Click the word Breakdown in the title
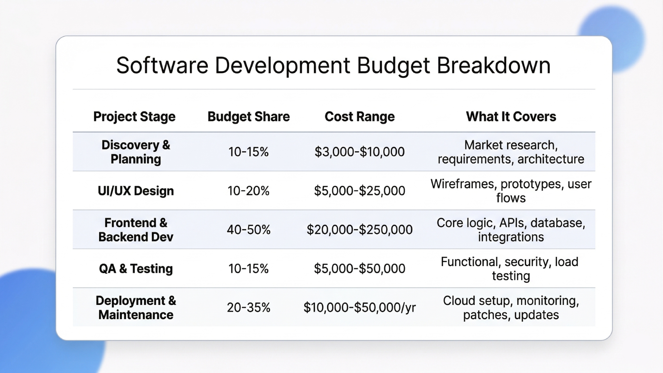(x=493, y=65)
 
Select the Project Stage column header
(x=134, y=117)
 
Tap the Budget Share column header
(x=249, y=117)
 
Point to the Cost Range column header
(x=359, y=117)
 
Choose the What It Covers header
(x=511, y=117)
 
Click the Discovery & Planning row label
(x=136, y=152)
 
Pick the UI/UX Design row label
(x=136, y=191)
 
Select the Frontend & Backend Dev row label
(x=136, y=230)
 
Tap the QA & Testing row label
(x=136, y=269)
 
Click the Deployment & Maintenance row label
(x=136, y=308)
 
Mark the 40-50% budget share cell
(x=249, y=230)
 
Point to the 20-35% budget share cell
(x=249, y=307)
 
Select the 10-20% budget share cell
(x=249, y=191)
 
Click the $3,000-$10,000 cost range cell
(x=359, y=152)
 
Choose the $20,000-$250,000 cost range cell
(x=359, y=230)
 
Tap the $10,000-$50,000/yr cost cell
(x=359, y=307)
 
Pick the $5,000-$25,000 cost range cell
(x=359, y=191)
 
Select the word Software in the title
(x=162, y=65)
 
